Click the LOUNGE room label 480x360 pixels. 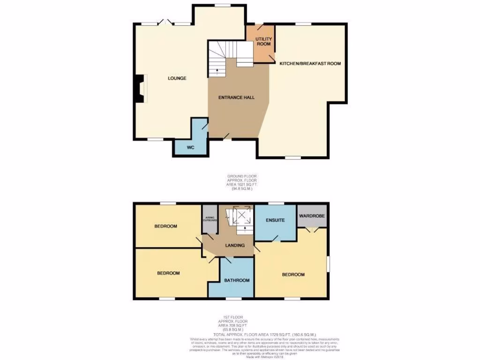(177, 78)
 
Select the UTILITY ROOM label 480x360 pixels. (263, 41)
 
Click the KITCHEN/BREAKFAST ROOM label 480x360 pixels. (310, 63)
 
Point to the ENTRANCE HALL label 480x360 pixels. (237, 97)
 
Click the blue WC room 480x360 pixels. (190, 147)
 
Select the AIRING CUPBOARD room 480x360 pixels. (210, 219)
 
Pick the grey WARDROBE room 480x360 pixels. (312, 216)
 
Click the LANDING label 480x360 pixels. (234, 245)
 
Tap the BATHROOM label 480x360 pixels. (236, 280)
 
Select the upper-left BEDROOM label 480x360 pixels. (166, 226)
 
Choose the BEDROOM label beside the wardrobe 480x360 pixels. (293, 275)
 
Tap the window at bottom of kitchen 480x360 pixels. (293, 158)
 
